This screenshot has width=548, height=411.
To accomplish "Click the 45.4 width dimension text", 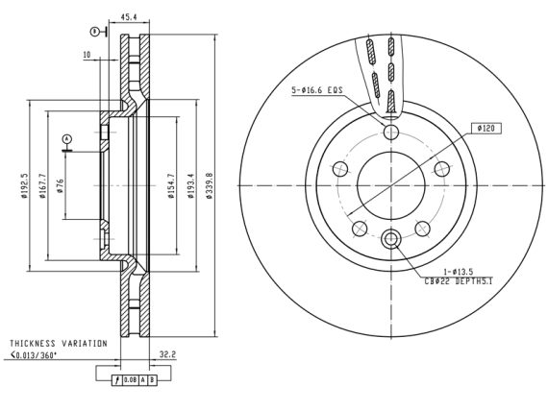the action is [129, 16].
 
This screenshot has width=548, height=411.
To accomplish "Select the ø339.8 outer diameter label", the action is [210, 185].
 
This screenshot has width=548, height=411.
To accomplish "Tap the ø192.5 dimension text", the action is [24, 185].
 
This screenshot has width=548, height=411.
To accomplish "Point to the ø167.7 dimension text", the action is [42, 185].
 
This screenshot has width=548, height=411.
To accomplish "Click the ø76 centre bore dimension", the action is [61, 185].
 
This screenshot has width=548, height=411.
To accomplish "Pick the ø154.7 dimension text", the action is [171, 185].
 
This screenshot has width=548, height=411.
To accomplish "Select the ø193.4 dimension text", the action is [190, 185].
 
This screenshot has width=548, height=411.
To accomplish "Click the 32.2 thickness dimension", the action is [167, 354].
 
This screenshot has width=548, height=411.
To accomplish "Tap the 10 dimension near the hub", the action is [87, 55].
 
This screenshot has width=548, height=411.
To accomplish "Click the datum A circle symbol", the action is [66, 139].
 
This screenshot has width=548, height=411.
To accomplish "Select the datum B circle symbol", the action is [94, 32].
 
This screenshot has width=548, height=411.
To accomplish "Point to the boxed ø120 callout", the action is [486, 128].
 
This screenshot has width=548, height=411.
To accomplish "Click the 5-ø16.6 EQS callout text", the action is [317, 90].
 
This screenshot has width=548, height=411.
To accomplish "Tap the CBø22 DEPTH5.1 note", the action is [459, 280].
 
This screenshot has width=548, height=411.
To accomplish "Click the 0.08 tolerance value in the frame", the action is [131, 380].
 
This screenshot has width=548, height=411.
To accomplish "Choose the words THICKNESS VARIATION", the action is [59, 343].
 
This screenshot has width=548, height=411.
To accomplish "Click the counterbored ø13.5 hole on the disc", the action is [390, 239].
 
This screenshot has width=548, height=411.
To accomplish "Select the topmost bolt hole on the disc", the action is [391, 132].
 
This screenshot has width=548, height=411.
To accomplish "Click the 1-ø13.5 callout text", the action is [459, 272].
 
